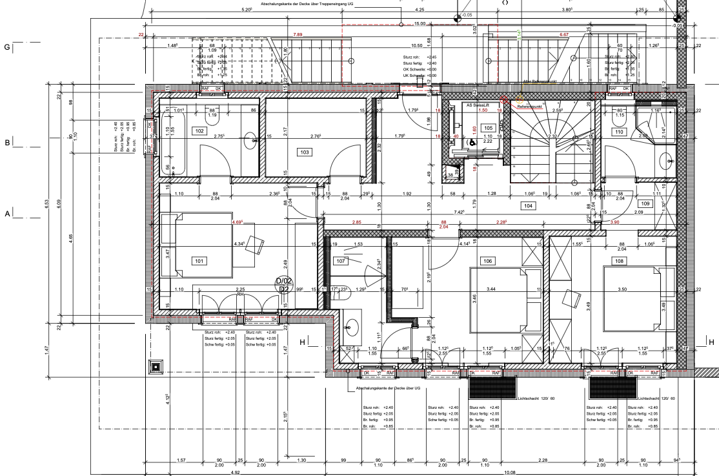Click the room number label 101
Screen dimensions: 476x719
(198, 260)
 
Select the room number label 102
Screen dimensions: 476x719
(199, 130)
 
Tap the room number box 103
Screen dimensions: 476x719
(304, 152)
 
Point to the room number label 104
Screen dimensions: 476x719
(529, 205)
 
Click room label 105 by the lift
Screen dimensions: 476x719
(488, 128)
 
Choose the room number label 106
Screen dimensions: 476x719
(487, 261)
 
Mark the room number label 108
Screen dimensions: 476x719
(620, 261)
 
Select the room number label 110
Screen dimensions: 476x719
(619, 132)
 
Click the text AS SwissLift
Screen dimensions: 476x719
(478, 104)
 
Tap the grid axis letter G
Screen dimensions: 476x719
(7, 47)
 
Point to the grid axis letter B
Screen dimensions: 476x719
(7, 143)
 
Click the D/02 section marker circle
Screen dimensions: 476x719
(283, 285)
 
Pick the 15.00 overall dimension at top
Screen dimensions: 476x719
(420, 24)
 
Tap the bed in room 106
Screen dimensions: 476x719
(500, 289)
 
